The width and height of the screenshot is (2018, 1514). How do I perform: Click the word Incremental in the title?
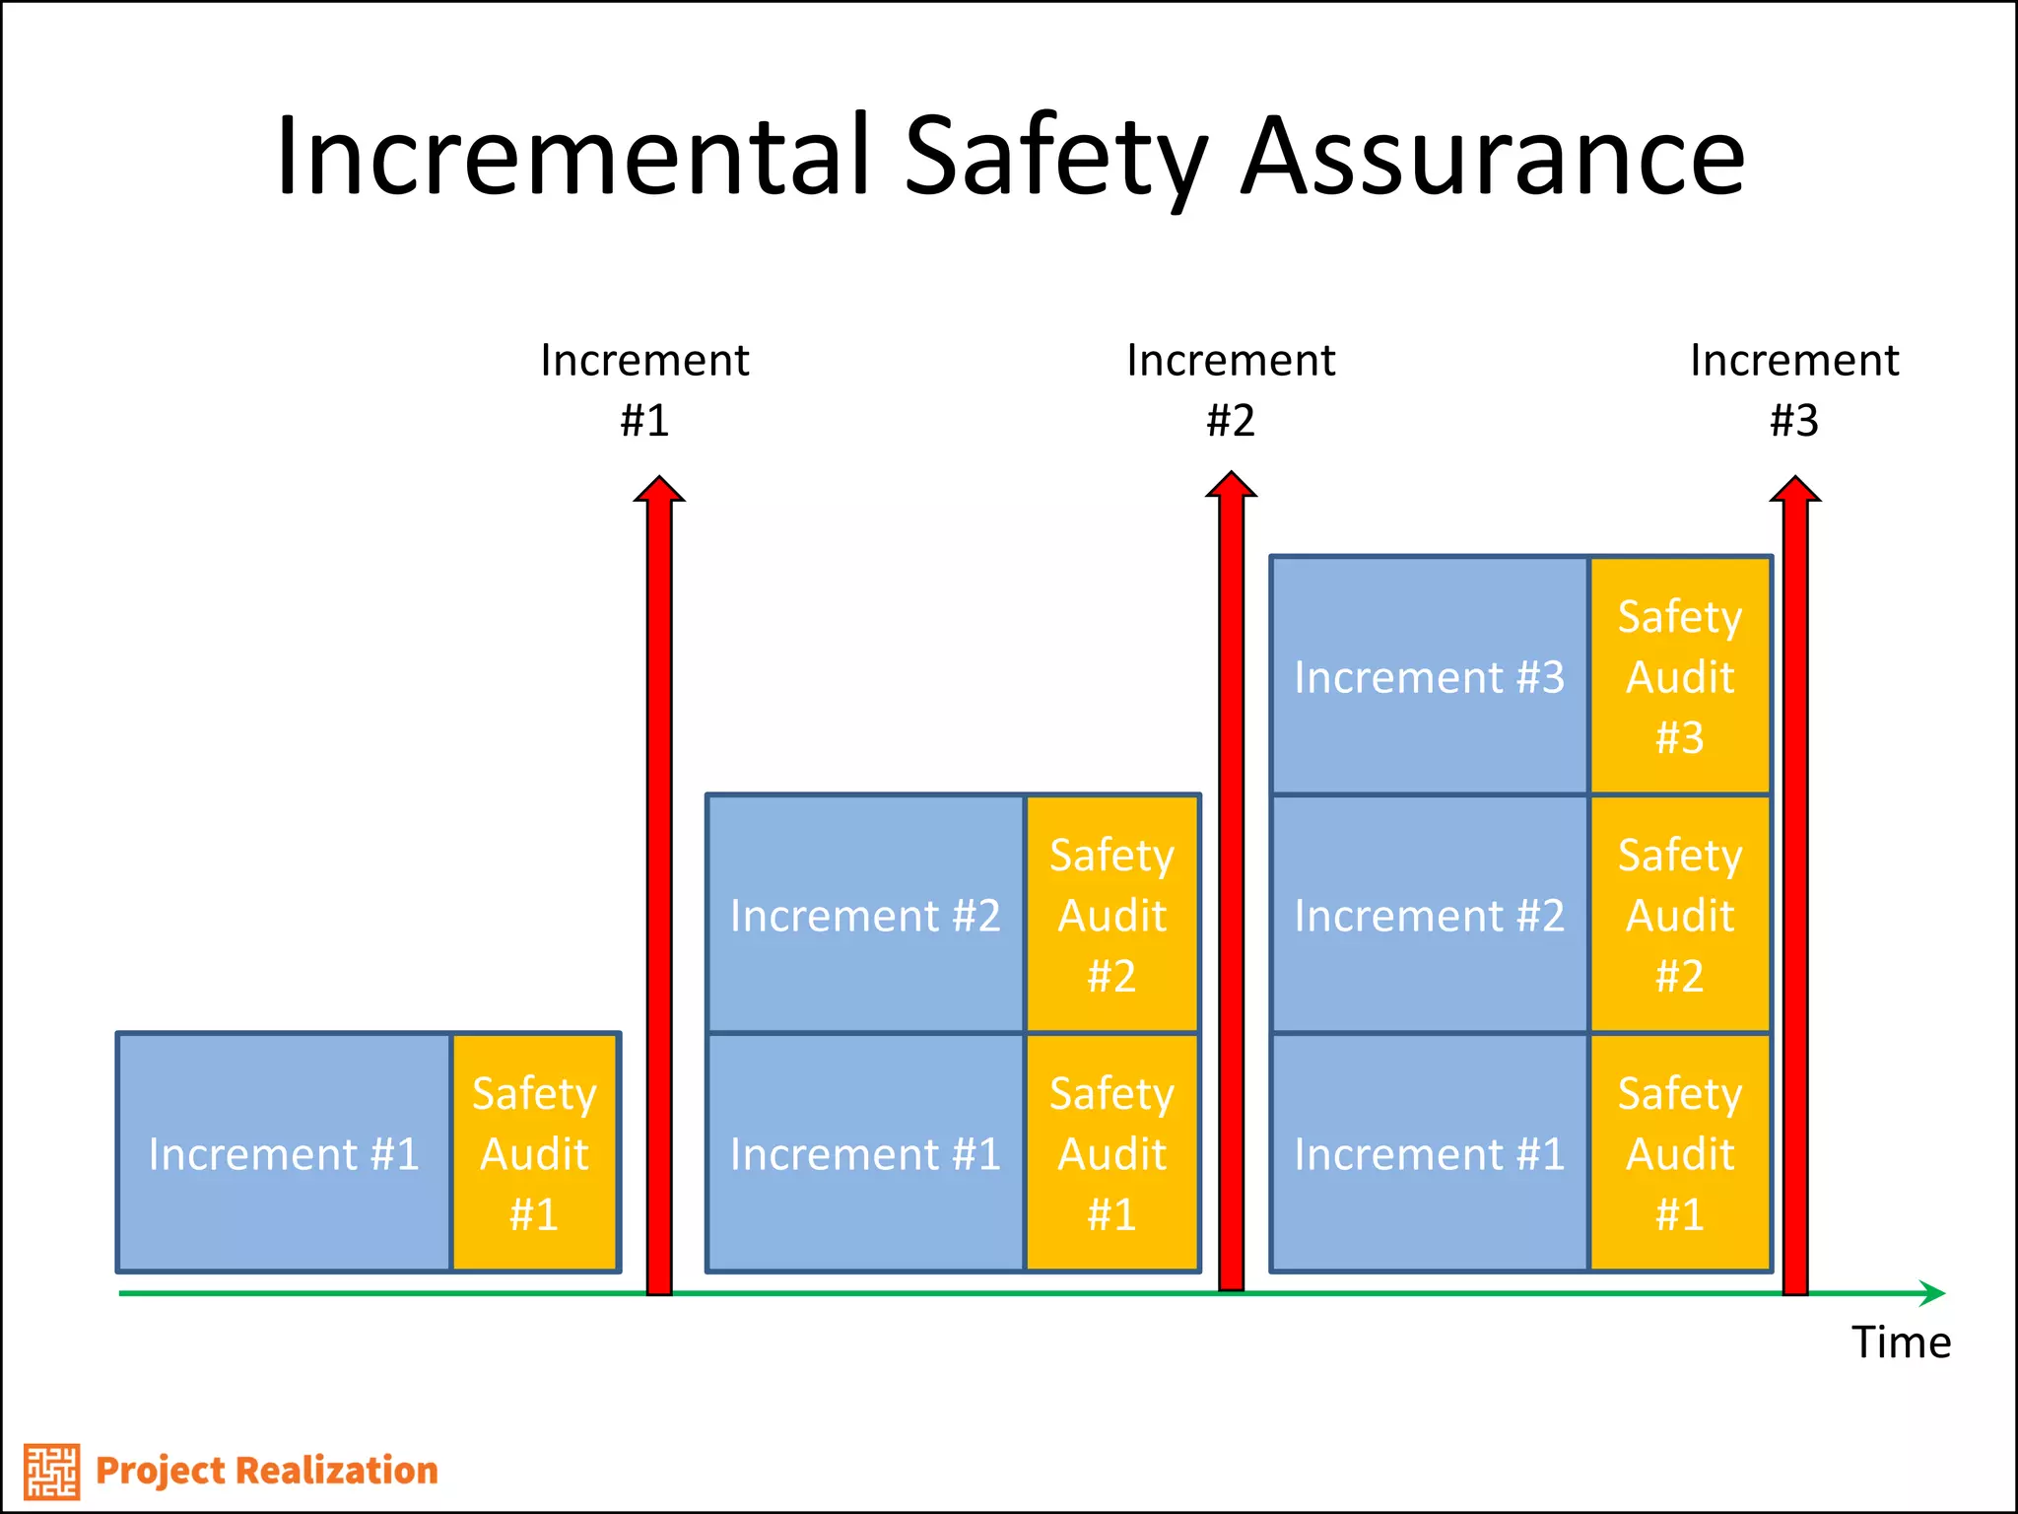point(572,156)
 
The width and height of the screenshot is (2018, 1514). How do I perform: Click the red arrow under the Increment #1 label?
point(659,887)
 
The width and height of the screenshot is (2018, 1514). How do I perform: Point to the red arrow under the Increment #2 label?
point(1231,887)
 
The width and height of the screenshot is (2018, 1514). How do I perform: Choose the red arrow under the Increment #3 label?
point(1795,887)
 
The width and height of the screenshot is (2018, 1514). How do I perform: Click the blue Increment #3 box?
point(1429,677)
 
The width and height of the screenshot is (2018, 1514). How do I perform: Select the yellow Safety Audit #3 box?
point(1680,677)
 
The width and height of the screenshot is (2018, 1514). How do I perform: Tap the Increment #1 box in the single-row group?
point(284,1153)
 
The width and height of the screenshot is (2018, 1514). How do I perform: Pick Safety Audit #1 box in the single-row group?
point(535,1153)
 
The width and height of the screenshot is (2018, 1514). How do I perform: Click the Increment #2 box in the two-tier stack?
point(865,916)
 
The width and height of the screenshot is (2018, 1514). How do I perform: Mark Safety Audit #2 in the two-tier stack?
point(1111,916)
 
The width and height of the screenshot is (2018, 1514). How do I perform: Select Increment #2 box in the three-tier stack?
point(1429,916)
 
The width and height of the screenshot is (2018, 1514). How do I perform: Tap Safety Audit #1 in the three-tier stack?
point(1680,1153)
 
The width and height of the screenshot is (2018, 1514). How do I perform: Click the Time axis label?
point(1901,1342)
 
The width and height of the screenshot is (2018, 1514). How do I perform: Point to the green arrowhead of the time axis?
point(1933,1292)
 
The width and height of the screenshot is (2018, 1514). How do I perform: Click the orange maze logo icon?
point(51,1471)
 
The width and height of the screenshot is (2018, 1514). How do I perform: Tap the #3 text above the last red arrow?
point(1794,421)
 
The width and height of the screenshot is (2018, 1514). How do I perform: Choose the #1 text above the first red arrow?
point(644,421)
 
